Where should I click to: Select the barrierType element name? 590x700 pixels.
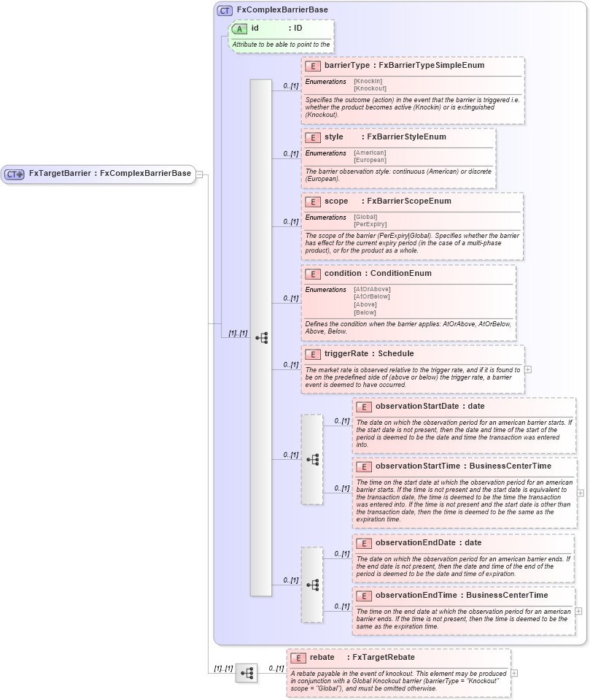pyautogui.click(x=347, y=66)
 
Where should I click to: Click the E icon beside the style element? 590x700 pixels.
pyautogui.click(x=313, y=137)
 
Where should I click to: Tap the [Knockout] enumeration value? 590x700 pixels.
pyautogui.click(x=370, y=88)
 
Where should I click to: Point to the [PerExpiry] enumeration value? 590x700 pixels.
pyautogui.click(x=370, y=224)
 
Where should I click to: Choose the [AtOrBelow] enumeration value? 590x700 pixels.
pyautogui.click(x=372, y=296)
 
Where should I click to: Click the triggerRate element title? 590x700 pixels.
pyautogui.click(x=368, y=354)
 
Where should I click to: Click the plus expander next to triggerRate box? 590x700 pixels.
pyautogui.click(x=528, y=369)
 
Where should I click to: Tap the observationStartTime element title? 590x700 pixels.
pyautogui.click(x=419, y=466)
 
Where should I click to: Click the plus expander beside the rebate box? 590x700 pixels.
pyautogui.click(x=514, y=673)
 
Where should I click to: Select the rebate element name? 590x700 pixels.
pyautogui.click(x=322, y=658)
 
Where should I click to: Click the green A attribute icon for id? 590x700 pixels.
pyautogui.click(x=239, y=28)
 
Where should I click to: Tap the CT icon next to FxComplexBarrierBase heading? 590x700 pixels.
pyautogui.click(x=225, y=10)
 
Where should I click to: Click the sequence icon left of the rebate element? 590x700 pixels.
pyautogui.click(x=247, y=673)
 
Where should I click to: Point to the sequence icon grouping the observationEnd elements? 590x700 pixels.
pyautogui.click(x=312, y=585)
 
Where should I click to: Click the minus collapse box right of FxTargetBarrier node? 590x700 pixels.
pyautogui.click(x=199, y=174)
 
